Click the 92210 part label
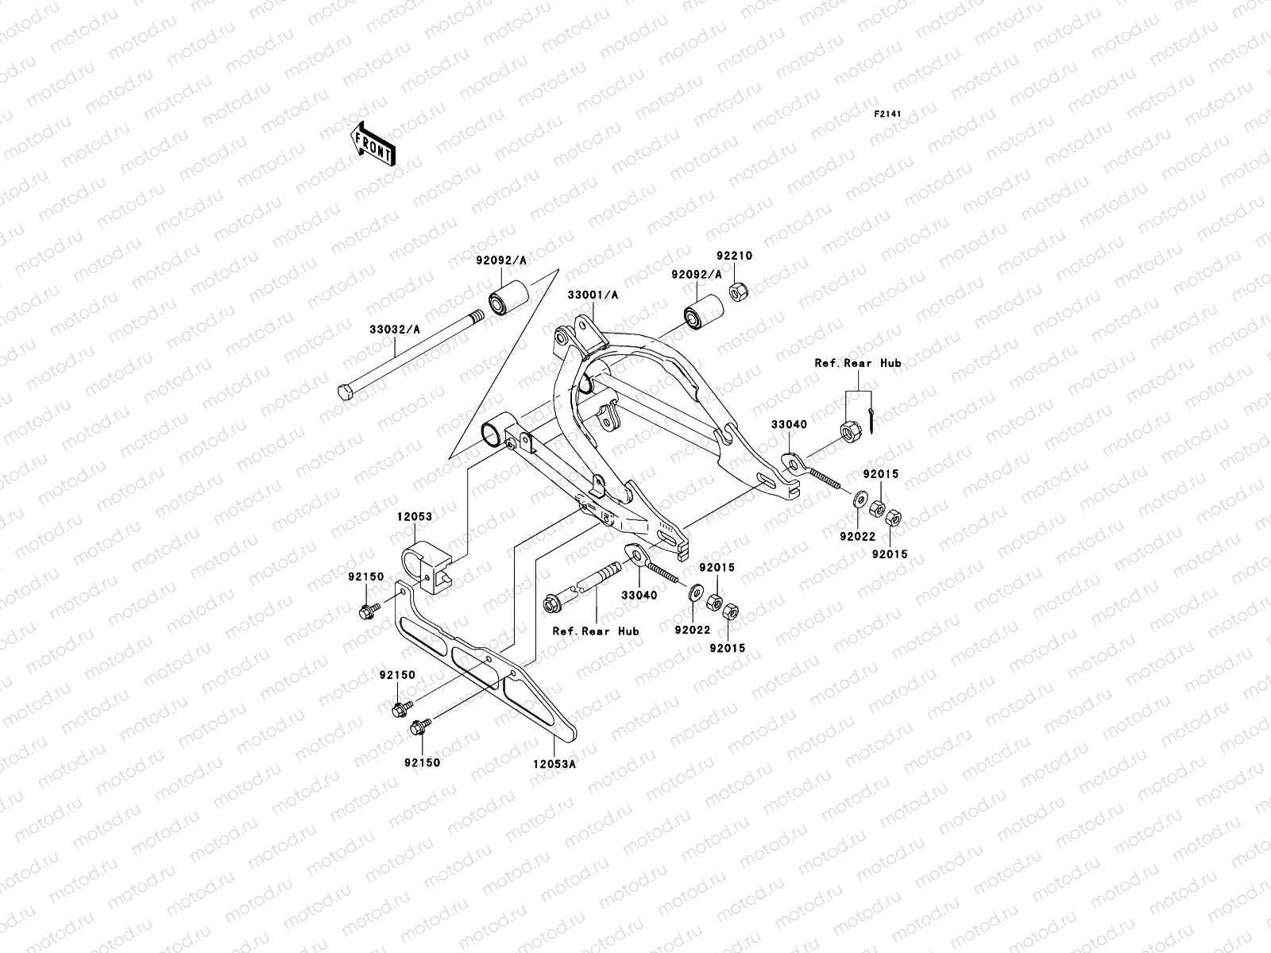point(734,257)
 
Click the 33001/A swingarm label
point(593,295)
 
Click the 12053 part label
point(415,516)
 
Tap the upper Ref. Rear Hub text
point(857,363)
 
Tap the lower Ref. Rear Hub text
point(596,631)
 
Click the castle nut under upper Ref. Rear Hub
point(848,431)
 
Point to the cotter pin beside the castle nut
point(872,421)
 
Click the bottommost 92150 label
point(421,762)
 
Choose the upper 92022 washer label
point(859,537)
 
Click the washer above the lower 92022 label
point(695,591)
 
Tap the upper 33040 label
point(788,425)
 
